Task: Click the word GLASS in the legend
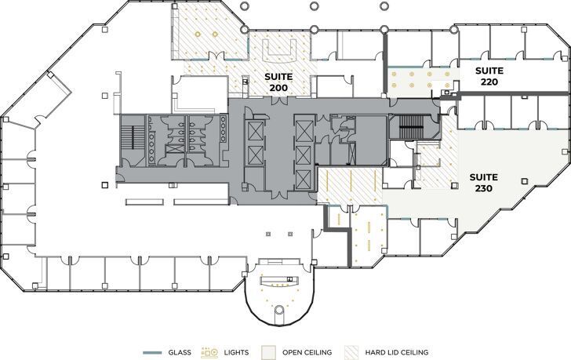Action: pos(179,353)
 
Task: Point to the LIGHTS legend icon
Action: pos(210,353)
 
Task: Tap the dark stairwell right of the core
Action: pos(409,126)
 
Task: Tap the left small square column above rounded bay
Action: pos(267,234)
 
